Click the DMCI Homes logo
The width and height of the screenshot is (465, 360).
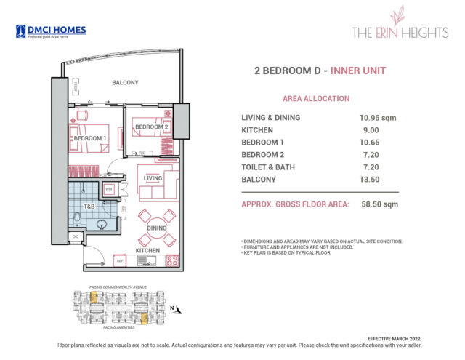pyautogui.click(x=50, y=31)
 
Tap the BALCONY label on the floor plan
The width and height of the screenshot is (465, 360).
pyautogui.click(x=125, y=83)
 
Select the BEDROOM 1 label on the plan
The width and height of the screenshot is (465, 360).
pyautogui.click(x=90, y=138)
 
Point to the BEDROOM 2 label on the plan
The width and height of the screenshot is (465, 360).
pyautogui.click(x=151, y=127)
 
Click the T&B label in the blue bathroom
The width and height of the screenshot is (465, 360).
pyautogui.click(x=89, y=207)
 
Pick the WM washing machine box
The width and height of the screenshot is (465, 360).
pyautogui.click(x=109, y=190)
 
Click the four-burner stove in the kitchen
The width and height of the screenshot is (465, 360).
pyautogui.click(x=172, y=260)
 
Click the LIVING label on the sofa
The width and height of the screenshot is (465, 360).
pyautogui.click(x=153, y=177)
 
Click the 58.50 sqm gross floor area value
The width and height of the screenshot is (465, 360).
pyautogui.click(x=381, y=204)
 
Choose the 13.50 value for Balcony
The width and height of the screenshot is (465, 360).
pyautogui.click(x=371, y=179)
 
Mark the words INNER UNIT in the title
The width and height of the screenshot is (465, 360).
pyautogui.click(x=358, y=71)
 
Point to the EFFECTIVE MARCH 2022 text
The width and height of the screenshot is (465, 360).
pyautogui.click(x=392, y=339)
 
